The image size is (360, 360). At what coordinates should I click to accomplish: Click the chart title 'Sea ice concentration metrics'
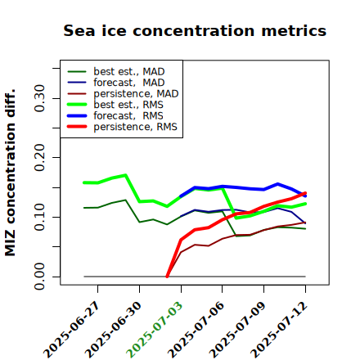(195, 30)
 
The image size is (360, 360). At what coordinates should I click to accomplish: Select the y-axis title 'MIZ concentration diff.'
(10, 173)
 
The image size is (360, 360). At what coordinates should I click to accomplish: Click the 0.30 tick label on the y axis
(39, 98)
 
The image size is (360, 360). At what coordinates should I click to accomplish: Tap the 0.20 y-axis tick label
(39, 158)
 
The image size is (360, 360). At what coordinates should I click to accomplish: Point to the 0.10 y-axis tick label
(39, 217)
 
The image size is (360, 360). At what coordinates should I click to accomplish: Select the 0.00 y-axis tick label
(39, 277)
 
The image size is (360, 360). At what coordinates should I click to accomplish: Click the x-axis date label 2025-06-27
(72, 329)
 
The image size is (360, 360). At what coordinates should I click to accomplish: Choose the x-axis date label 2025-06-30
(114, 329)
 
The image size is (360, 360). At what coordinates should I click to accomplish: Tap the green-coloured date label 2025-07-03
(155, 329)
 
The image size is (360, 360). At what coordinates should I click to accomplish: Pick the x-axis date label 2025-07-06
(196, 329)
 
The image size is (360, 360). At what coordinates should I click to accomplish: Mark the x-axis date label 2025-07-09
(238, 329)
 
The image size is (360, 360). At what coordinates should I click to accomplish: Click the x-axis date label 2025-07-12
(279, 329)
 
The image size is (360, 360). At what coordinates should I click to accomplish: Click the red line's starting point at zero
(167, 277)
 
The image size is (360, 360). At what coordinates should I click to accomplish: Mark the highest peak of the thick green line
(125, 175)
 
